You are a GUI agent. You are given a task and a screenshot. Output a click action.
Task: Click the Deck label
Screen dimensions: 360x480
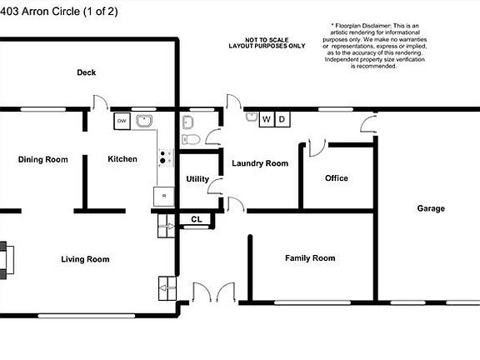click(x=86, y=72)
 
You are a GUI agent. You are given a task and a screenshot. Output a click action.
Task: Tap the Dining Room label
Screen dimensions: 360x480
click(x=42, y=159)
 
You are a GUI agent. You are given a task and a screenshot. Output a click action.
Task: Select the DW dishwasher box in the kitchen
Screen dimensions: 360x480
click(x=122, y=121)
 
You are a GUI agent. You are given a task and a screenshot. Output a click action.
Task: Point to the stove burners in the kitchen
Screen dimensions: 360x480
click(x=166, y=157)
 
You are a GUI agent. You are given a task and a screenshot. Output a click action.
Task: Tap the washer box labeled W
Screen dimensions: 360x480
click(x=267, y=120)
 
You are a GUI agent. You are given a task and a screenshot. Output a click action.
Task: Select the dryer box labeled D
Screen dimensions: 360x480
click(x=282, y=120)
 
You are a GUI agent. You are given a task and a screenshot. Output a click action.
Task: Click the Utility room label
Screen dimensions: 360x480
click(x=197, y=179)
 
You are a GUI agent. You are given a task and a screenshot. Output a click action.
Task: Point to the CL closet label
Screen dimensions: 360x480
click(x=196, y=220)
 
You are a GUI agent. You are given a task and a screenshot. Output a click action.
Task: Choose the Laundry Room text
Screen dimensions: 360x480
click(x=260, y=163)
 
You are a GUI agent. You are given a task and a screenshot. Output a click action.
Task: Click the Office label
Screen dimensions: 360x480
click(x=337, y=178)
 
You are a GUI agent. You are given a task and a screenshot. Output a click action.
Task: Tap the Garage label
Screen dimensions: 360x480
click(x=431, y=208)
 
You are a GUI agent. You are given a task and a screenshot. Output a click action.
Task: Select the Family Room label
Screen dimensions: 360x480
click(x=310, y=258)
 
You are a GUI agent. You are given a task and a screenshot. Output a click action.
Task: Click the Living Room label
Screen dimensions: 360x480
click(x=85, y=259)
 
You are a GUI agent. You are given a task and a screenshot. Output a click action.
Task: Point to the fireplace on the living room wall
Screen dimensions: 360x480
click(x=7, y=259)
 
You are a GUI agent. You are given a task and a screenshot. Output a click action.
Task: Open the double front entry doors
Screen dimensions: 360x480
click(x=212, y=293)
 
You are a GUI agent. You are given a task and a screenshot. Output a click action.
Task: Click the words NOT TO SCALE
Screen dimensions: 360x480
click(x=262, y=40)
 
